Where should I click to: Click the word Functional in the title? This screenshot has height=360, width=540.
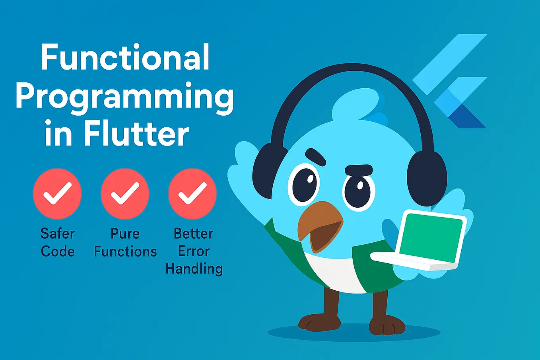click(x=125, y=58)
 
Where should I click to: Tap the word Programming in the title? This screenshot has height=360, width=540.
click(x=124, y=97)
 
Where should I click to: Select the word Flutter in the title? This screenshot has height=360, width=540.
click(x=136, y=134)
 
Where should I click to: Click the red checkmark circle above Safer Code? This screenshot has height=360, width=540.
click(x=57, y=194)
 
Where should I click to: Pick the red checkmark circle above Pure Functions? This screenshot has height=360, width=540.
click(x=125, y=194)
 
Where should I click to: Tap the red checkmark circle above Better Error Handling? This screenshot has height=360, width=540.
click(x=192, y=194)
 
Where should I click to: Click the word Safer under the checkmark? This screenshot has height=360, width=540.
click(x=57, y=234)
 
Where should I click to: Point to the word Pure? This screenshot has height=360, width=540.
click(x=125, y=234)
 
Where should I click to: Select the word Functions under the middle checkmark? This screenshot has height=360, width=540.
click(x=125, y=251)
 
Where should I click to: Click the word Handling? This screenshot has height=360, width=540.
click(x=194, y=269)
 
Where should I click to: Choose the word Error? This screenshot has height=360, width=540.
click(x=194, y=251)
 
